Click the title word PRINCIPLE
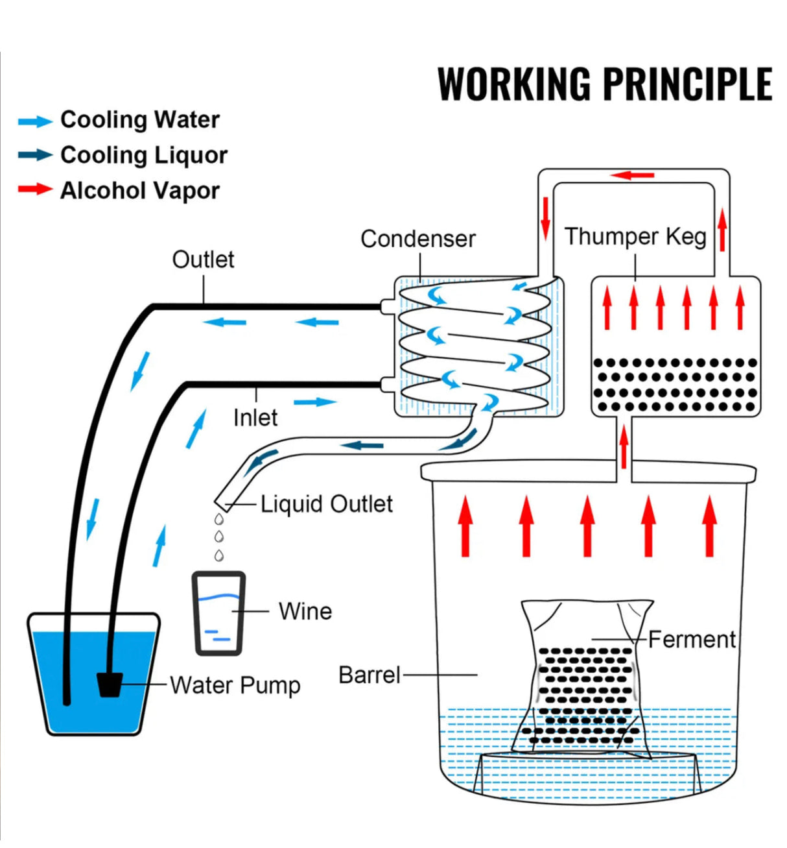coord(688,84)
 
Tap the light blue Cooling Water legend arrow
coord(35,121)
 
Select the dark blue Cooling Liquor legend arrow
coord(35,155)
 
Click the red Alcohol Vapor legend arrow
coord(35,189)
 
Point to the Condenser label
coord(418,239)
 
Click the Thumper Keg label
coord(635,236)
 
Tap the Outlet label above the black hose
coord(203,260)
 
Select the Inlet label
coord(255,418)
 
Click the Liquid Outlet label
coord(327,504)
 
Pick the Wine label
coord(305,611)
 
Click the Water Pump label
coord(235,685)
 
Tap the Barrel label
coord(370,675)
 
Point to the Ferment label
coord(692,640)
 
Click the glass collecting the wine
coord(219,613)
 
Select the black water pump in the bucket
coord(110,684)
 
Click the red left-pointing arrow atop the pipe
coord(633,175)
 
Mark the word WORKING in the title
coord(515,84)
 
